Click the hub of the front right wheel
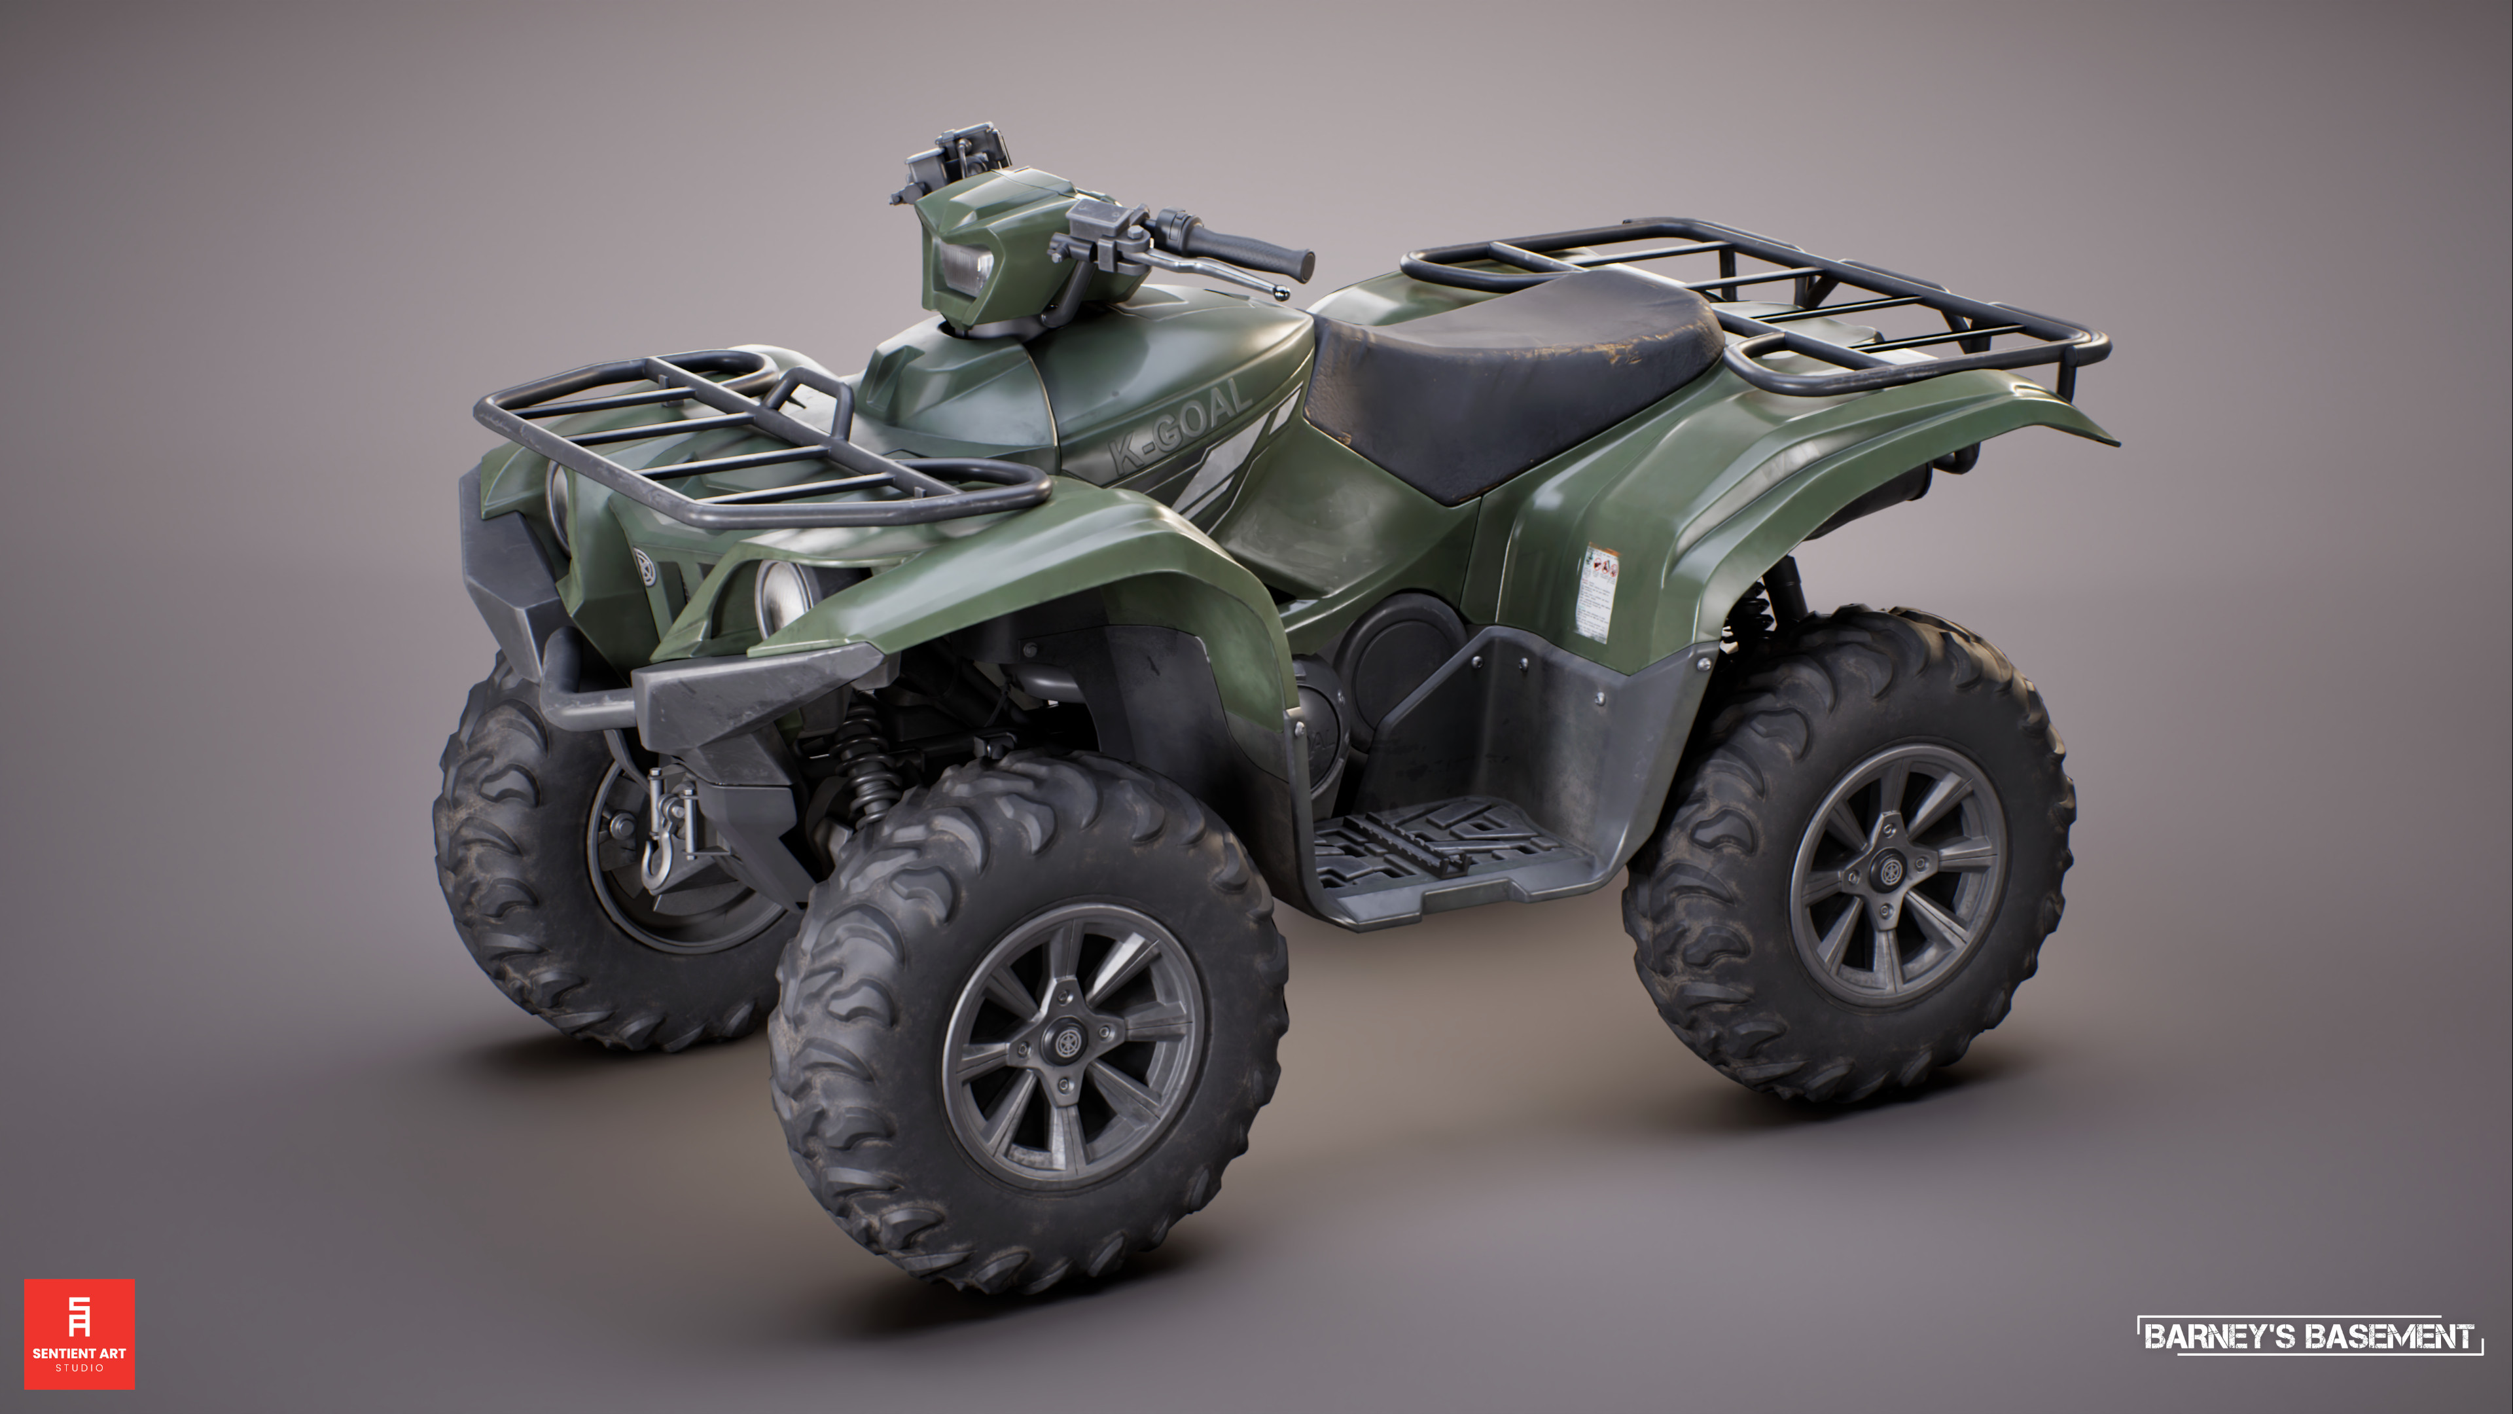[1065, 1042]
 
